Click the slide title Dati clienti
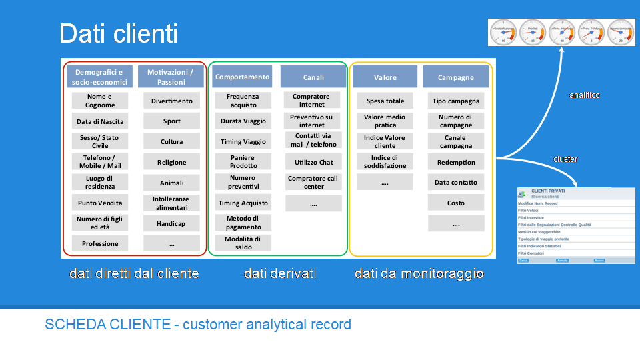coord(118,33)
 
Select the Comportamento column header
coord(243,77)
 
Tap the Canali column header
coord(313,77)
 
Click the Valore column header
coord(385,77)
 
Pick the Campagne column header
coord(456,77)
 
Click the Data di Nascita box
coord(100,121)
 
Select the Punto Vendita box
coord(100,203)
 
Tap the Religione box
coord(171,162)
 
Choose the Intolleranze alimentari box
coord(171,203)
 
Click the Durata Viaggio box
coord(243,121)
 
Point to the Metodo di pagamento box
coord(243,223)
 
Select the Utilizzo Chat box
coord(313,162)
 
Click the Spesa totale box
coord(385,101)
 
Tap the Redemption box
coord(456,162)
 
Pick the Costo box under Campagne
coord(456,203)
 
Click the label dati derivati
coord(280,273)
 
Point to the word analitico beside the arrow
coord(584,95)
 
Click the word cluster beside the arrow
coord(565,159)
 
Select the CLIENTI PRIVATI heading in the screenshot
coord(548,191)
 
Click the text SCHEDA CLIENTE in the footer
coord(110,325)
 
